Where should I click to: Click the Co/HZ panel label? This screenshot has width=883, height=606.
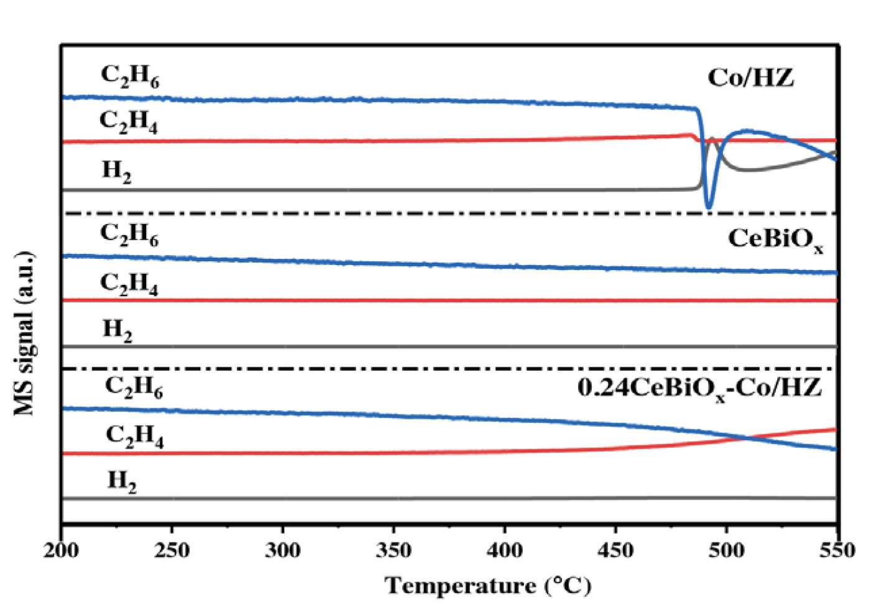coord(750,78)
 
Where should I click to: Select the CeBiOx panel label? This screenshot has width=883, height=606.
coord(775,239)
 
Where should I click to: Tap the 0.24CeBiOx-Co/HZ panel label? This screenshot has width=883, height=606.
coord(699,388)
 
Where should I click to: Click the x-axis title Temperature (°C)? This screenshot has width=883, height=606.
coord(488,585)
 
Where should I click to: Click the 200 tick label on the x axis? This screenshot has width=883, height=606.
coord(61,550)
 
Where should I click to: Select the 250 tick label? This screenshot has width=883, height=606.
coord(172,550)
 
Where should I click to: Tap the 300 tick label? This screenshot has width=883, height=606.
coord(283,550)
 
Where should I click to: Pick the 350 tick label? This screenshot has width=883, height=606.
coord(393,550)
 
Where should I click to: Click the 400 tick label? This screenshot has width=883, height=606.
coord(505,550)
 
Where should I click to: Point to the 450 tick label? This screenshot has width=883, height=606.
coord(615,550)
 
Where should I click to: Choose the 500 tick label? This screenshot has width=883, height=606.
coord(726,550)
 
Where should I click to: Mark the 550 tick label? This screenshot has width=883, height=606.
coord(837,550)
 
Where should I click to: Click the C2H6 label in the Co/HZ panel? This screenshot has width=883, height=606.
coord(129,76)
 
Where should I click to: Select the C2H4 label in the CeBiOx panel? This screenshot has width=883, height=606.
coord(129,284)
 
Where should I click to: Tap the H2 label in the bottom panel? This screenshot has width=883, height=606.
coord(121,481)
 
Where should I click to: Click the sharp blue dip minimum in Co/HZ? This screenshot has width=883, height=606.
coord(708,207)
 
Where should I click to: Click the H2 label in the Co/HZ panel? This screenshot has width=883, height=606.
coord(116,170)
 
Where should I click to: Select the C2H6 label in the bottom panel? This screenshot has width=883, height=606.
coord(133,387)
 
